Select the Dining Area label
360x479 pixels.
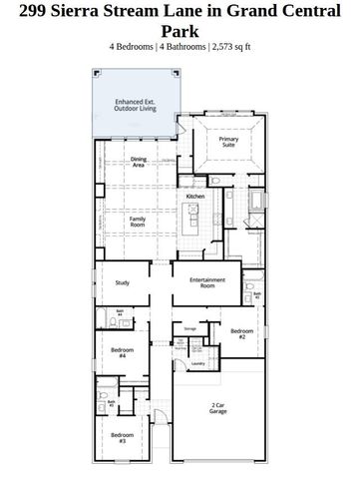point(139,163)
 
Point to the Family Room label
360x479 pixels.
point(139,221)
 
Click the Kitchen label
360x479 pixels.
point(195,197)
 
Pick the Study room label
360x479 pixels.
point(123,282)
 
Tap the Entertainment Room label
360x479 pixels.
point(207,283)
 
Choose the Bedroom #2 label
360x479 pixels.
point(240,334)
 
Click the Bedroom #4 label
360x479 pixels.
point(118,353)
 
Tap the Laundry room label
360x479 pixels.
point(198,364)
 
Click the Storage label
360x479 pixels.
point(189,327)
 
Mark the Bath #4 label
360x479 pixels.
point(120,313)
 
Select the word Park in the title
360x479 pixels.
point(180,31)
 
